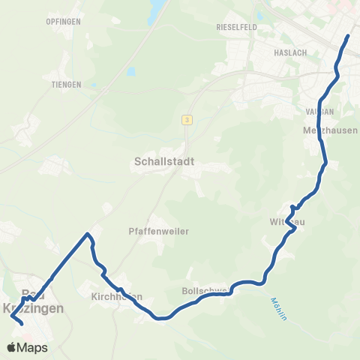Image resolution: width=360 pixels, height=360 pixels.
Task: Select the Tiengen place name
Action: (66, 85)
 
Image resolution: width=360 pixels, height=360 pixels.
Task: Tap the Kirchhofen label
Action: (117, 296)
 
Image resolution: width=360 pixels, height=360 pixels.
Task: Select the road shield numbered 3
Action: (185, 119)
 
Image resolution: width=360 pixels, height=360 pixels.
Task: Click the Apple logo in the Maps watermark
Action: (10, 347)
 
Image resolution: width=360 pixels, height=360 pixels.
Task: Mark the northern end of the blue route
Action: (349, 36)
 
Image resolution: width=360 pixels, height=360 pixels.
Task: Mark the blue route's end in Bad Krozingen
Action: (21, 323)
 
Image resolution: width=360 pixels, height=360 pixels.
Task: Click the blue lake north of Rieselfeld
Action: (158, 11)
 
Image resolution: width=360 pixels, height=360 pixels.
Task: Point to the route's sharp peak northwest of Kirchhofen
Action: (88, 235)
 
